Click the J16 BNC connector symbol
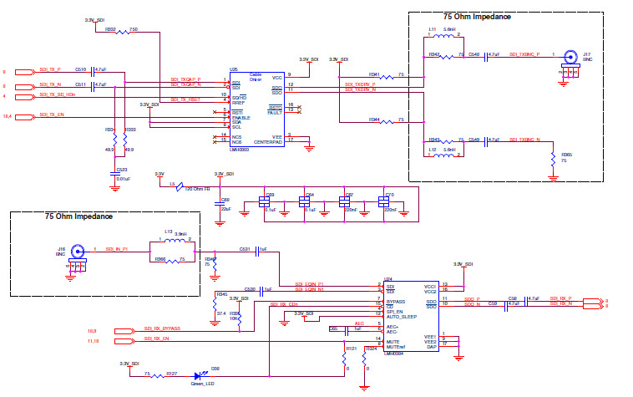(x=78, y=250)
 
